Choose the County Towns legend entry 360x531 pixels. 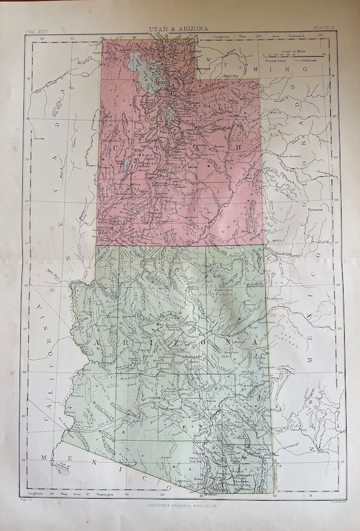pyautogui.click(x=278, y=61)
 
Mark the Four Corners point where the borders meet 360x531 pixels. pyautogui.click(x=263, y=244)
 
